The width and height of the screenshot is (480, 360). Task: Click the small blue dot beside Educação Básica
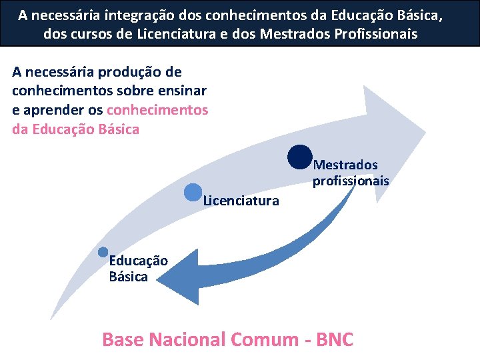[x=103, y=251]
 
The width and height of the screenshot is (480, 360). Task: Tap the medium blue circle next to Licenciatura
[x=192, y=192]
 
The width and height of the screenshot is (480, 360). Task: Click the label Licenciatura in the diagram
[x=241, y=200]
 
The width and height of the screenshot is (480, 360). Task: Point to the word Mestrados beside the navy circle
[x=345, y=165]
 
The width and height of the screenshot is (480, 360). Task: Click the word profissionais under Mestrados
[x=351, y=181]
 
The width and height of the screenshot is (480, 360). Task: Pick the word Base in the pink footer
[x=123, y=339]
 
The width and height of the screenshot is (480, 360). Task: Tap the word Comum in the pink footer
[x=262, y=339]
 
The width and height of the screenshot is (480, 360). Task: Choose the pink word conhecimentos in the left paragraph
[x=157, y=110]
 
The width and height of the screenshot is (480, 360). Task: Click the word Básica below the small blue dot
[x=129, y=277]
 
